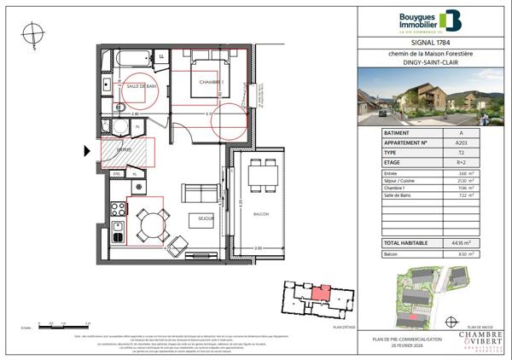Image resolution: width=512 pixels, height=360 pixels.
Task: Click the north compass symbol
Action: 32,33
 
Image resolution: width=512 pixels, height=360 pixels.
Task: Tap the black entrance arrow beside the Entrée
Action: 87,152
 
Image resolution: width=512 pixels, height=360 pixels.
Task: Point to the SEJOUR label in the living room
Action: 205,218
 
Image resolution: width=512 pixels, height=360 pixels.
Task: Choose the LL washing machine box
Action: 161,57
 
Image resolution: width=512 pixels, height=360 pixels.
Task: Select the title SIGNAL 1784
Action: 430,44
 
